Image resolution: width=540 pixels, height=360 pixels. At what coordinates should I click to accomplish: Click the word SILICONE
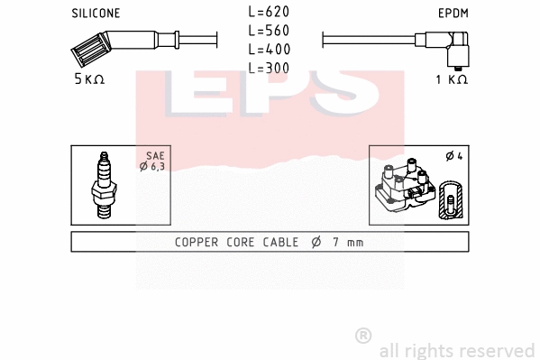95,13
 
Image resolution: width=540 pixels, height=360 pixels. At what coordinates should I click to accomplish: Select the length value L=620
270,13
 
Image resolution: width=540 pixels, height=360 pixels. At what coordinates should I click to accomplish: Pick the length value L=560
270,31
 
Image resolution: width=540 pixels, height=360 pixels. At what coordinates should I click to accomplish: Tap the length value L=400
270,49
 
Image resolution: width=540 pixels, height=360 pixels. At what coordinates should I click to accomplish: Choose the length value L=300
270,67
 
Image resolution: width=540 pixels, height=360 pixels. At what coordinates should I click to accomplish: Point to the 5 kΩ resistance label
89,79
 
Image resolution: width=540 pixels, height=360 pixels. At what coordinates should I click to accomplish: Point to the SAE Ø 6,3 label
155,161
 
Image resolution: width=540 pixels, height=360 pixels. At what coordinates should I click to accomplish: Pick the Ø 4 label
453,156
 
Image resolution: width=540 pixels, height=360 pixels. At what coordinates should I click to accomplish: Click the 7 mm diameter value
345,243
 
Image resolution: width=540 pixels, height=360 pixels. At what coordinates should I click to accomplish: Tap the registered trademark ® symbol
363,335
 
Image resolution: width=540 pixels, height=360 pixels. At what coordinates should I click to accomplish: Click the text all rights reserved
456,349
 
